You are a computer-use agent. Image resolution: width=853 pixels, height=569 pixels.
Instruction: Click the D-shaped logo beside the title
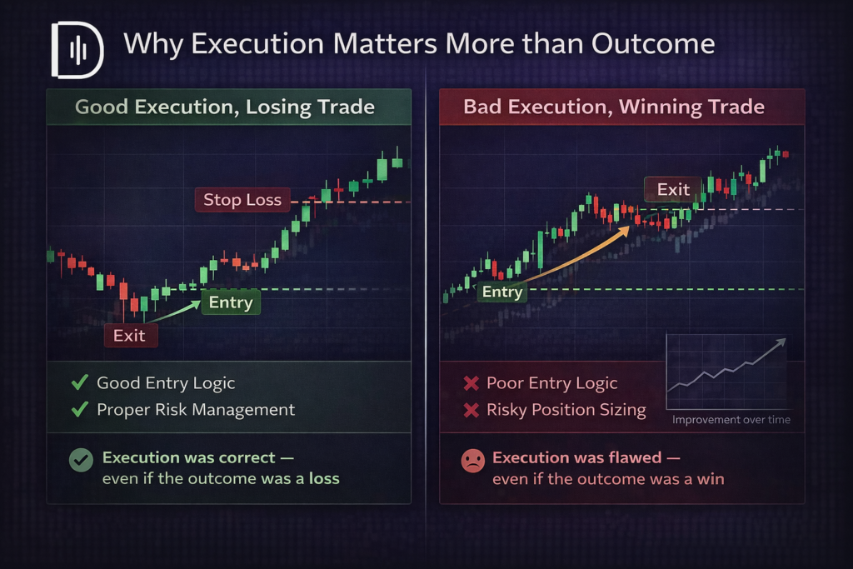tap(77, 50)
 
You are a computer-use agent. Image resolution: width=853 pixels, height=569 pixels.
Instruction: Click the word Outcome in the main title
tap(653, 43)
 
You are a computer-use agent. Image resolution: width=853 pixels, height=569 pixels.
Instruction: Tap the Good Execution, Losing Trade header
tap(225, 107)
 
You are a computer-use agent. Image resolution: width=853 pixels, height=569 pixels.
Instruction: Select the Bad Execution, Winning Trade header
tap(614, 107)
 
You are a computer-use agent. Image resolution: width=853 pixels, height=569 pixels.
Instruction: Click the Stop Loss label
tap(242, 200)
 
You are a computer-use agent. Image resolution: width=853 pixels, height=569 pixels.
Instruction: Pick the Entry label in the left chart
tap(231, 302)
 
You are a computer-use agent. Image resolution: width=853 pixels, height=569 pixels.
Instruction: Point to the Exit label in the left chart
tap(131, 335)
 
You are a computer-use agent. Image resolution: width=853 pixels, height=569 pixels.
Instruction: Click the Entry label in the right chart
tap(501, 292)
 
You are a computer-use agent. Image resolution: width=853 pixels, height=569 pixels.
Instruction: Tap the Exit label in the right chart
tap(673, 189)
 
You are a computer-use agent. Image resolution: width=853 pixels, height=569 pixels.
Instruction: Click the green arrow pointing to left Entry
tap(173, 311)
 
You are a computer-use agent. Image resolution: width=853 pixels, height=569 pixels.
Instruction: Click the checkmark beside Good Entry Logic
tap(80, 382)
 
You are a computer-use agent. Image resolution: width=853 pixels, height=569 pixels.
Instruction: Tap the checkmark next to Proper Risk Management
tap(80, 408)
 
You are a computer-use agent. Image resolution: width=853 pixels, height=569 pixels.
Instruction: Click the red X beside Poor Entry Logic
tap(471, 383)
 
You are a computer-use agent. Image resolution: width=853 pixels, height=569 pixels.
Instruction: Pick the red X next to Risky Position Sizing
tap(471, 410)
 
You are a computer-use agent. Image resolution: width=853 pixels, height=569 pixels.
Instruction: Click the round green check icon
tap(81, 460)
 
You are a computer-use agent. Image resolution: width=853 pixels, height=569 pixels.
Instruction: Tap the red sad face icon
tap(473, 461)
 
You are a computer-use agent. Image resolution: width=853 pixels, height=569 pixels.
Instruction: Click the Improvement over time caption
tap(731, 419)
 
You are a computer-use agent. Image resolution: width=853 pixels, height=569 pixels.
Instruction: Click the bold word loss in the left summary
tap(324, 478)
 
